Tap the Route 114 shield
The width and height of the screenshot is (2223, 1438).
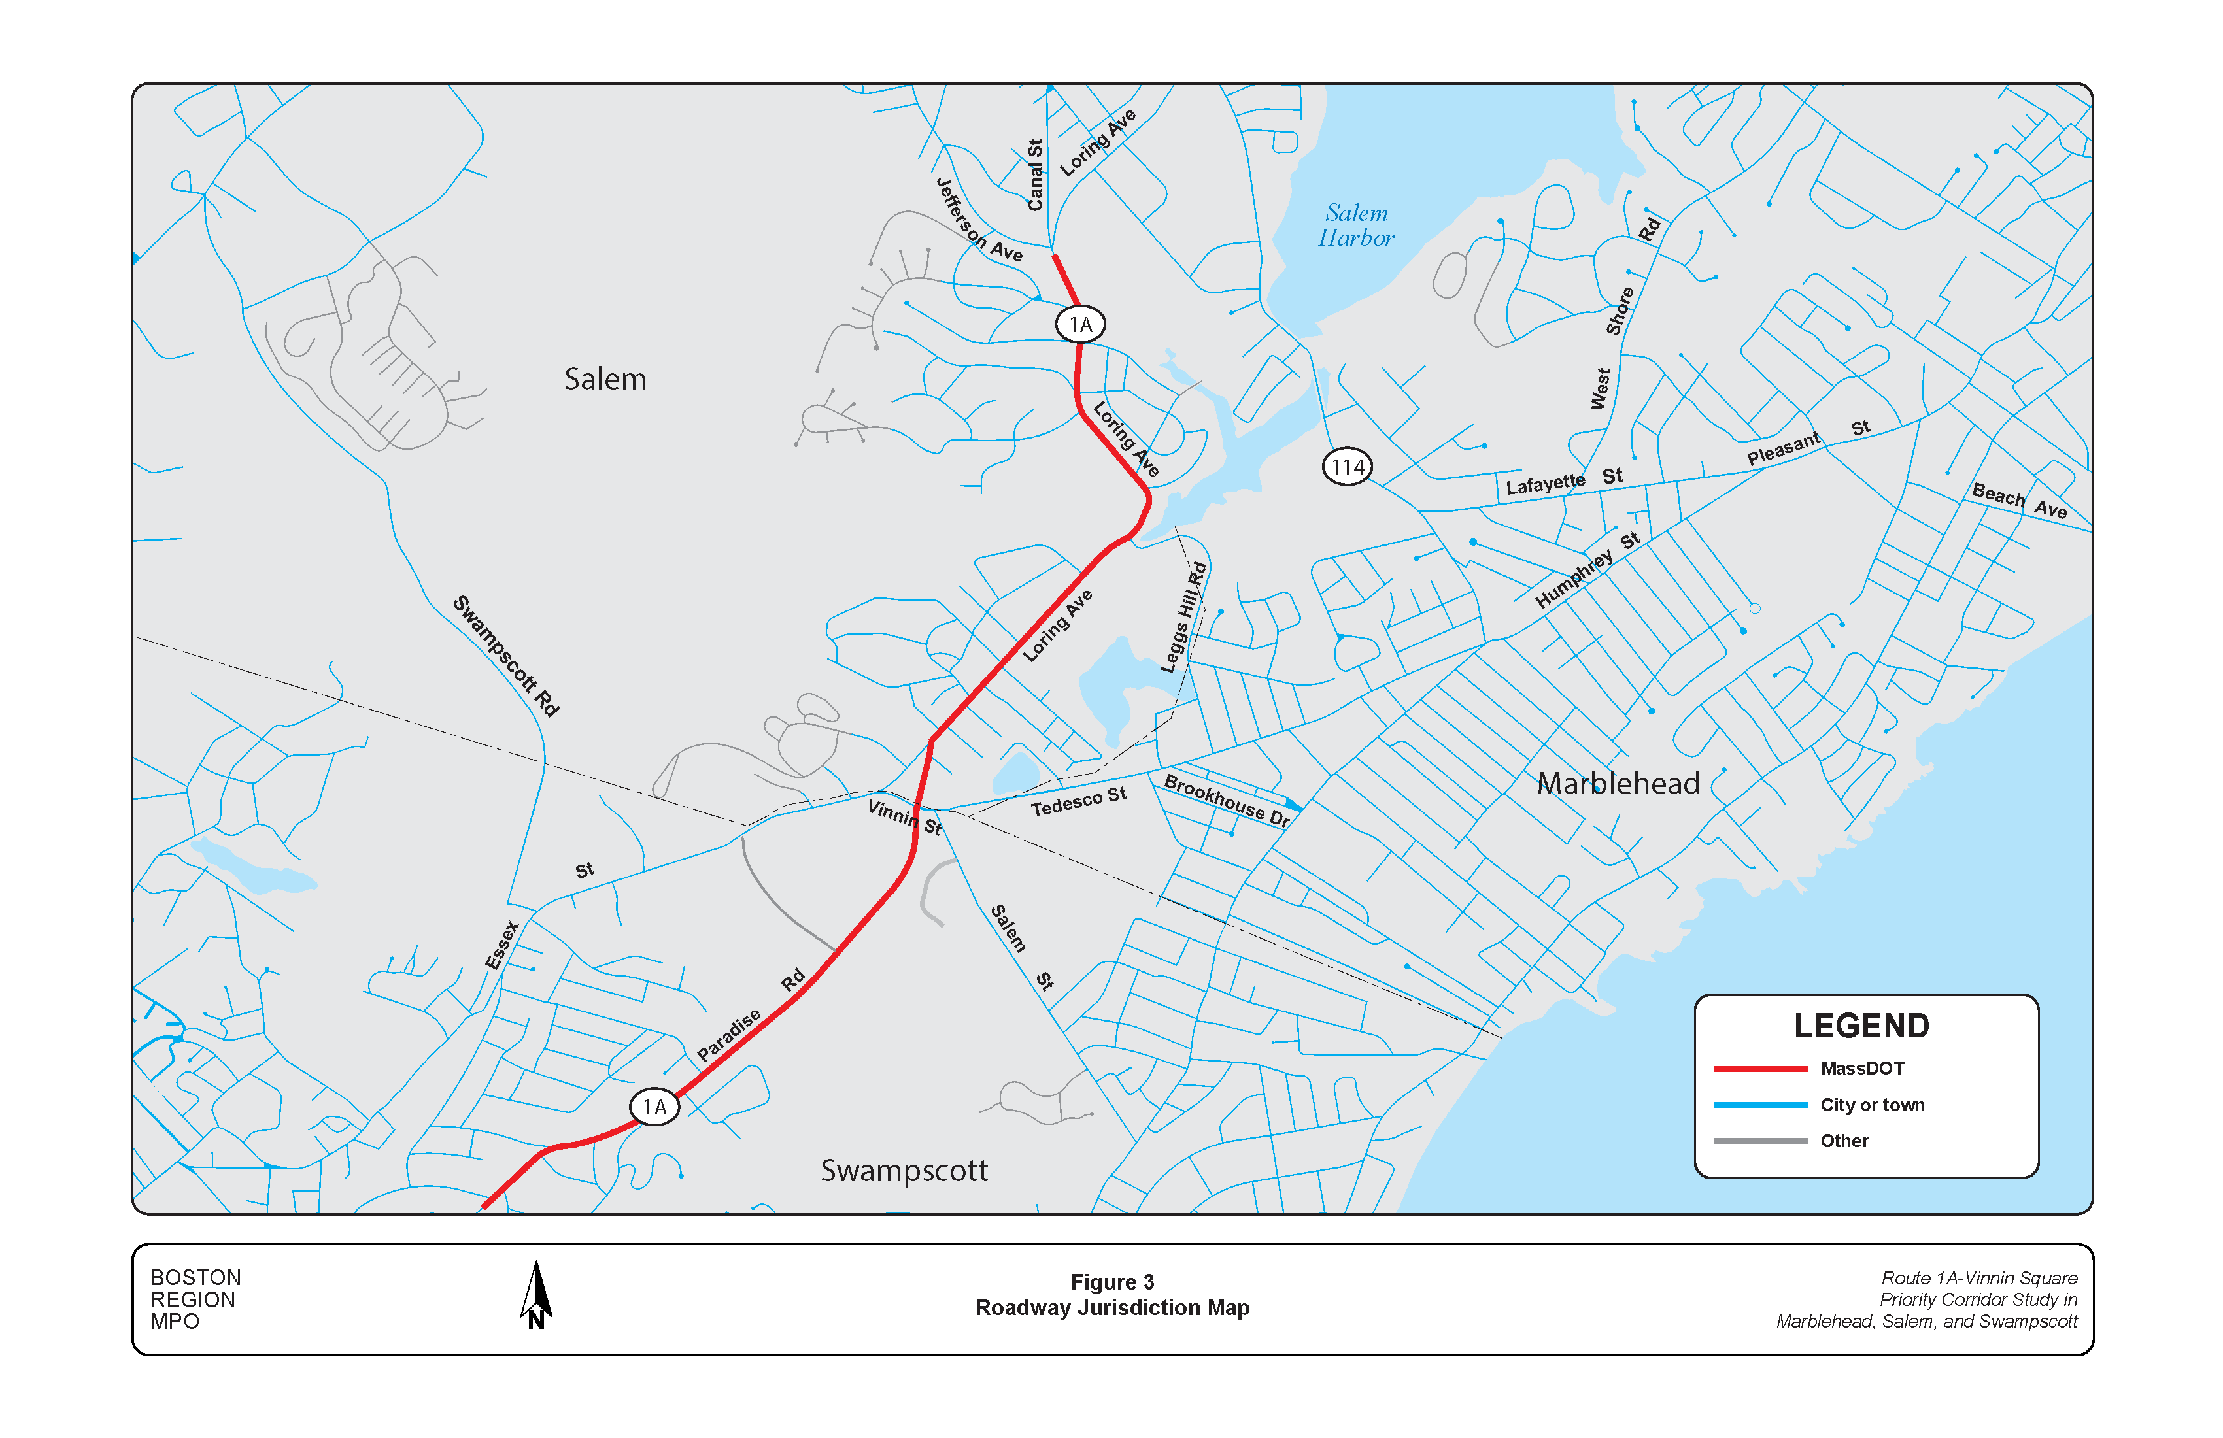[1347, 467]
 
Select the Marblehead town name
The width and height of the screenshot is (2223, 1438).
[1618, 784]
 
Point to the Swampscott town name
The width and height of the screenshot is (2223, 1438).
[903, 1171]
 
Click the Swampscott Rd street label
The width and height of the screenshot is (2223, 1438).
[506, 656]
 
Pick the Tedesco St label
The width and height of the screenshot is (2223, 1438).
[1078, 802]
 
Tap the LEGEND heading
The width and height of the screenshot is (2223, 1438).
[1861, 1026]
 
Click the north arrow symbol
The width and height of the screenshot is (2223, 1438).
[536, 1295]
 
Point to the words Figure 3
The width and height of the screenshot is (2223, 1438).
[1111, 1282]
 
